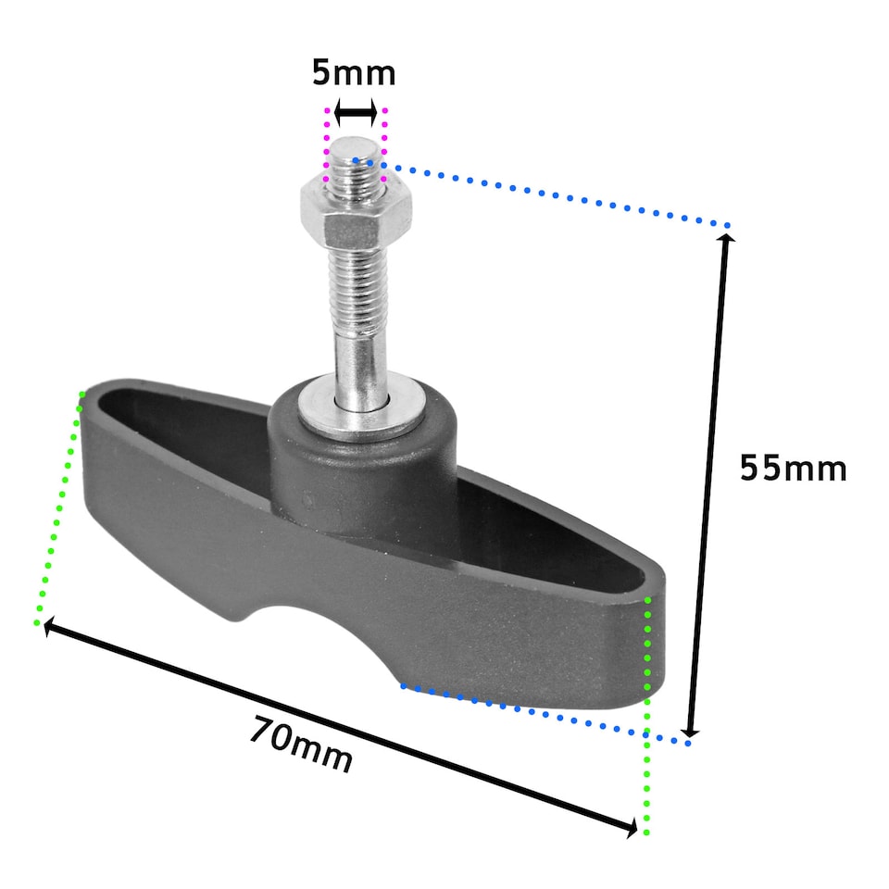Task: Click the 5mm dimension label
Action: [354, 72]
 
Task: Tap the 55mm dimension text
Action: [793, 469]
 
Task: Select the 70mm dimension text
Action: [301, 745]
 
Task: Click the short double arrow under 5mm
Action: [355, 114]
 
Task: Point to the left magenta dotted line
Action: [326, 144]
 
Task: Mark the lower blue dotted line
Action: [546, 714]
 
